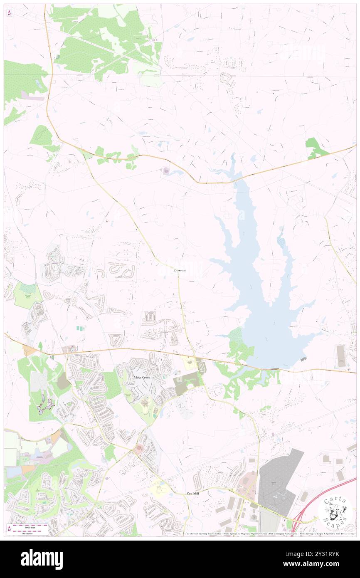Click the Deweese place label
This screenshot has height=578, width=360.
pos(180,270)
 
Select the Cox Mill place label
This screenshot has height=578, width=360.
pos(192,493)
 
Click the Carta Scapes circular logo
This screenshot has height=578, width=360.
pos(335,511)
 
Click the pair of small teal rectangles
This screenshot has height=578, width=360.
pos(80,329)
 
